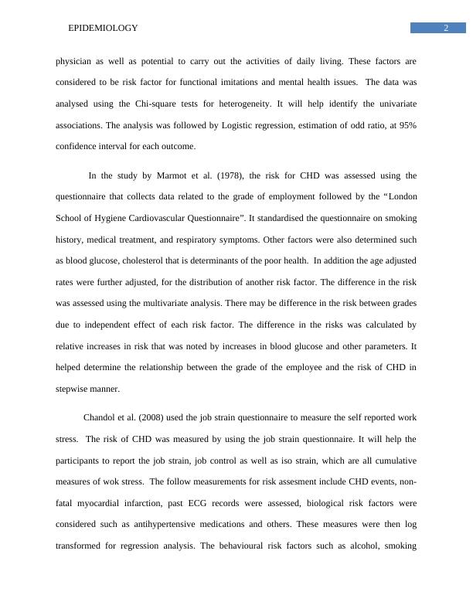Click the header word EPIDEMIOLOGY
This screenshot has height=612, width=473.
coord(103,28)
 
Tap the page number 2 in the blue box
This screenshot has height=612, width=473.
coord(446,29)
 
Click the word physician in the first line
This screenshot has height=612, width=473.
coord(76,60)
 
